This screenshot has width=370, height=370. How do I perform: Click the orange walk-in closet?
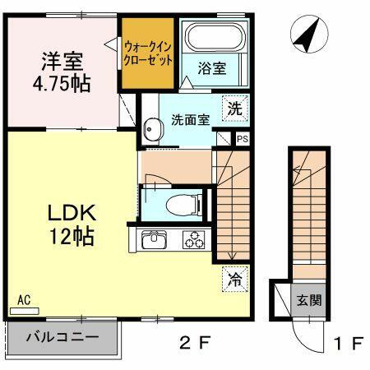coord(148,53)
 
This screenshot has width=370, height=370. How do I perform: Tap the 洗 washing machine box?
coord(235,106)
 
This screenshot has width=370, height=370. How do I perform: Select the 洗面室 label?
coord(190,119)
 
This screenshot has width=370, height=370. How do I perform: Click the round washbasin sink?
coord(152,129)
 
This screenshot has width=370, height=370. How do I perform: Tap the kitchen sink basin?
coord(155,240)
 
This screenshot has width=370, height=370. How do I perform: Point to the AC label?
coord(24,301)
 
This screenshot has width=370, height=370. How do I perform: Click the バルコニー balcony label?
coord(62,336)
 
